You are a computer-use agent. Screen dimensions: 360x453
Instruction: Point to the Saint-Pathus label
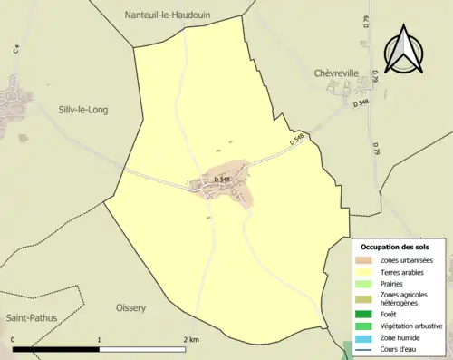tap(30, 319)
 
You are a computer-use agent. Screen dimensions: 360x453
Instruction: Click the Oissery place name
tap(130, 308)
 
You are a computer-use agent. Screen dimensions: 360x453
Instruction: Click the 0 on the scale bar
tap(14, 340)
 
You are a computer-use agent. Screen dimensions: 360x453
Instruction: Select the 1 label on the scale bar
tap(100, 340)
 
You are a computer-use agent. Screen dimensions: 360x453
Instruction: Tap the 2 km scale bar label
tap(189, 340)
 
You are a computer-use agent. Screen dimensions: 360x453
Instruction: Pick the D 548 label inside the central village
tap(222, 180)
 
